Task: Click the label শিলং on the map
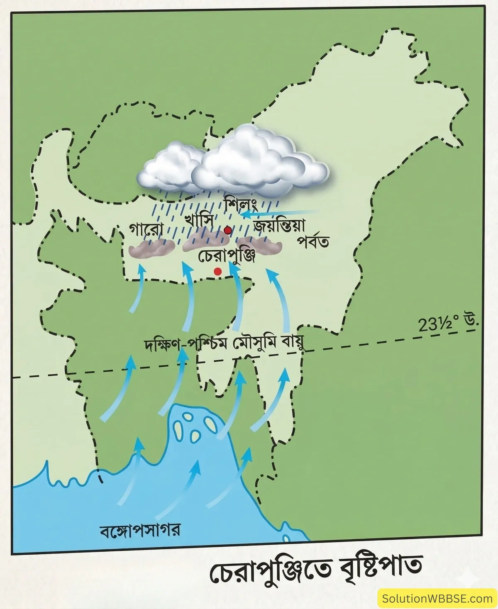[x=242, y=205]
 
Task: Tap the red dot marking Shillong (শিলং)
[x=227, y=230]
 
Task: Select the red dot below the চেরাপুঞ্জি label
[x=217, y=271]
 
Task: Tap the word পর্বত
[x=313, y=241]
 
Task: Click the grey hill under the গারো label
[x=151, y=248]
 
